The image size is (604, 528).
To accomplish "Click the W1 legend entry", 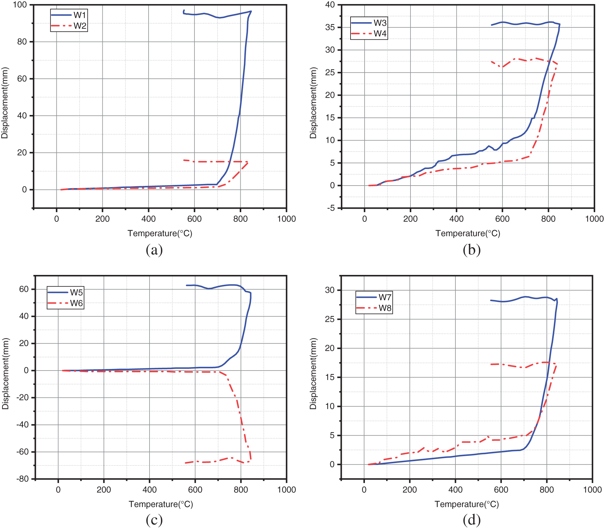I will pos(79,15).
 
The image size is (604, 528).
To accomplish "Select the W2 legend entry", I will pos(79,26).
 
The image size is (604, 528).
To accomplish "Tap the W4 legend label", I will pos(380,33).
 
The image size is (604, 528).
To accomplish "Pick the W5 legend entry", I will pos(76,292).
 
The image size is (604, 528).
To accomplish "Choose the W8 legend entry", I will pos(385,308).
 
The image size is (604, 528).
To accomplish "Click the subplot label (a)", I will pos(154,250).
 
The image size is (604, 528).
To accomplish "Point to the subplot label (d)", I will pos(472,520).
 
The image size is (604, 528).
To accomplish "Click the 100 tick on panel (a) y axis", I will pos(20,5).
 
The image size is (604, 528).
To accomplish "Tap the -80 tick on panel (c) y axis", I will pos(22,479).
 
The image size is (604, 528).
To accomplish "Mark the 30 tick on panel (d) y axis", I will pos(330,290).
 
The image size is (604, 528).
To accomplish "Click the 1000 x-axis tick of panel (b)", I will pos(594,219).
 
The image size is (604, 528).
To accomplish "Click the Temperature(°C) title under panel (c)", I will pos(161,504).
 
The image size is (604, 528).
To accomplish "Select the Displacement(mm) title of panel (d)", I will pos(313,374).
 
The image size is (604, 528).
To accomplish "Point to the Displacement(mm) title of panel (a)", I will pos(4,103).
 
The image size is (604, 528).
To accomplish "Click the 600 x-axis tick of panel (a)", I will pos(194,219).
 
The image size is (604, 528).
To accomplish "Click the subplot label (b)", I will pos(472,250).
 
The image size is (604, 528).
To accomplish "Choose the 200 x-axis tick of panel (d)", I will pos(410,490).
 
